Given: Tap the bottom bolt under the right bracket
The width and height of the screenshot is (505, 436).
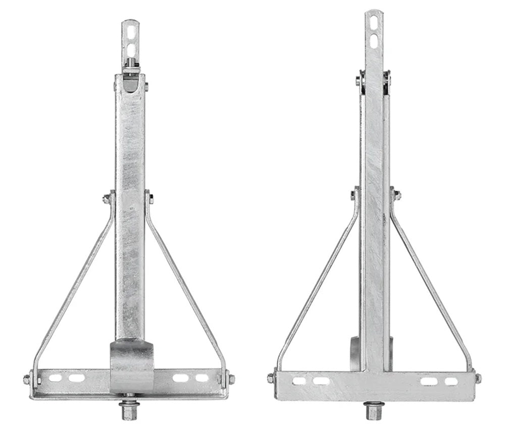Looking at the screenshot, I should tap(373, 410).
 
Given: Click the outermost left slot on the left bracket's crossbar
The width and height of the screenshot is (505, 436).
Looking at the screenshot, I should tap(56, 377).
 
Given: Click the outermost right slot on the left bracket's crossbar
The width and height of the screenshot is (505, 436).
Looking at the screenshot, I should tap(202, 377).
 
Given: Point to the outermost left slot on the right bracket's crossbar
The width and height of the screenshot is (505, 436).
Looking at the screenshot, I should tap(299, 381).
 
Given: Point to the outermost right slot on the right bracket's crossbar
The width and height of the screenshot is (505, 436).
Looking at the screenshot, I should tap(451, 381).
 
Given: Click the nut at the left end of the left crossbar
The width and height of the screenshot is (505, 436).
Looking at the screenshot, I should tap(27, 379).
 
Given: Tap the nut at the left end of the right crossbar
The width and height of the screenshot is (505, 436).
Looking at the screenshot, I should tap(271, 378).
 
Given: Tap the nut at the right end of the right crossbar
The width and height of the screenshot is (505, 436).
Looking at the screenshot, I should tap(478, 378).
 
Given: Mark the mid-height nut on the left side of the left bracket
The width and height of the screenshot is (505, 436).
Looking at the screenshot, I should tap(107, 199).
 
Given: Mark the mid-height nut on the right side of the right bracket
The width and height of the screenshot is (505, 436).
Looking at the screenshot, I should tap(397, 195).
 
